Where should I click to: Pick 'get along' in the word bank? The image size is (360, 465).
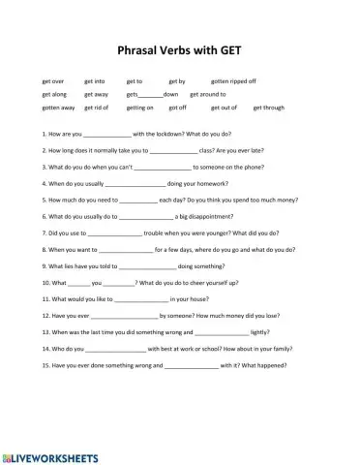tap(54, 95)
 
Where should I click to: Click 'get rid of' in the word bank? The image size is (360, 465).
tap(97, 108)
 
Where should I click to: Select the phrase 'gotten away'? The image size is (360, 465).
tap(58, 108)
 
